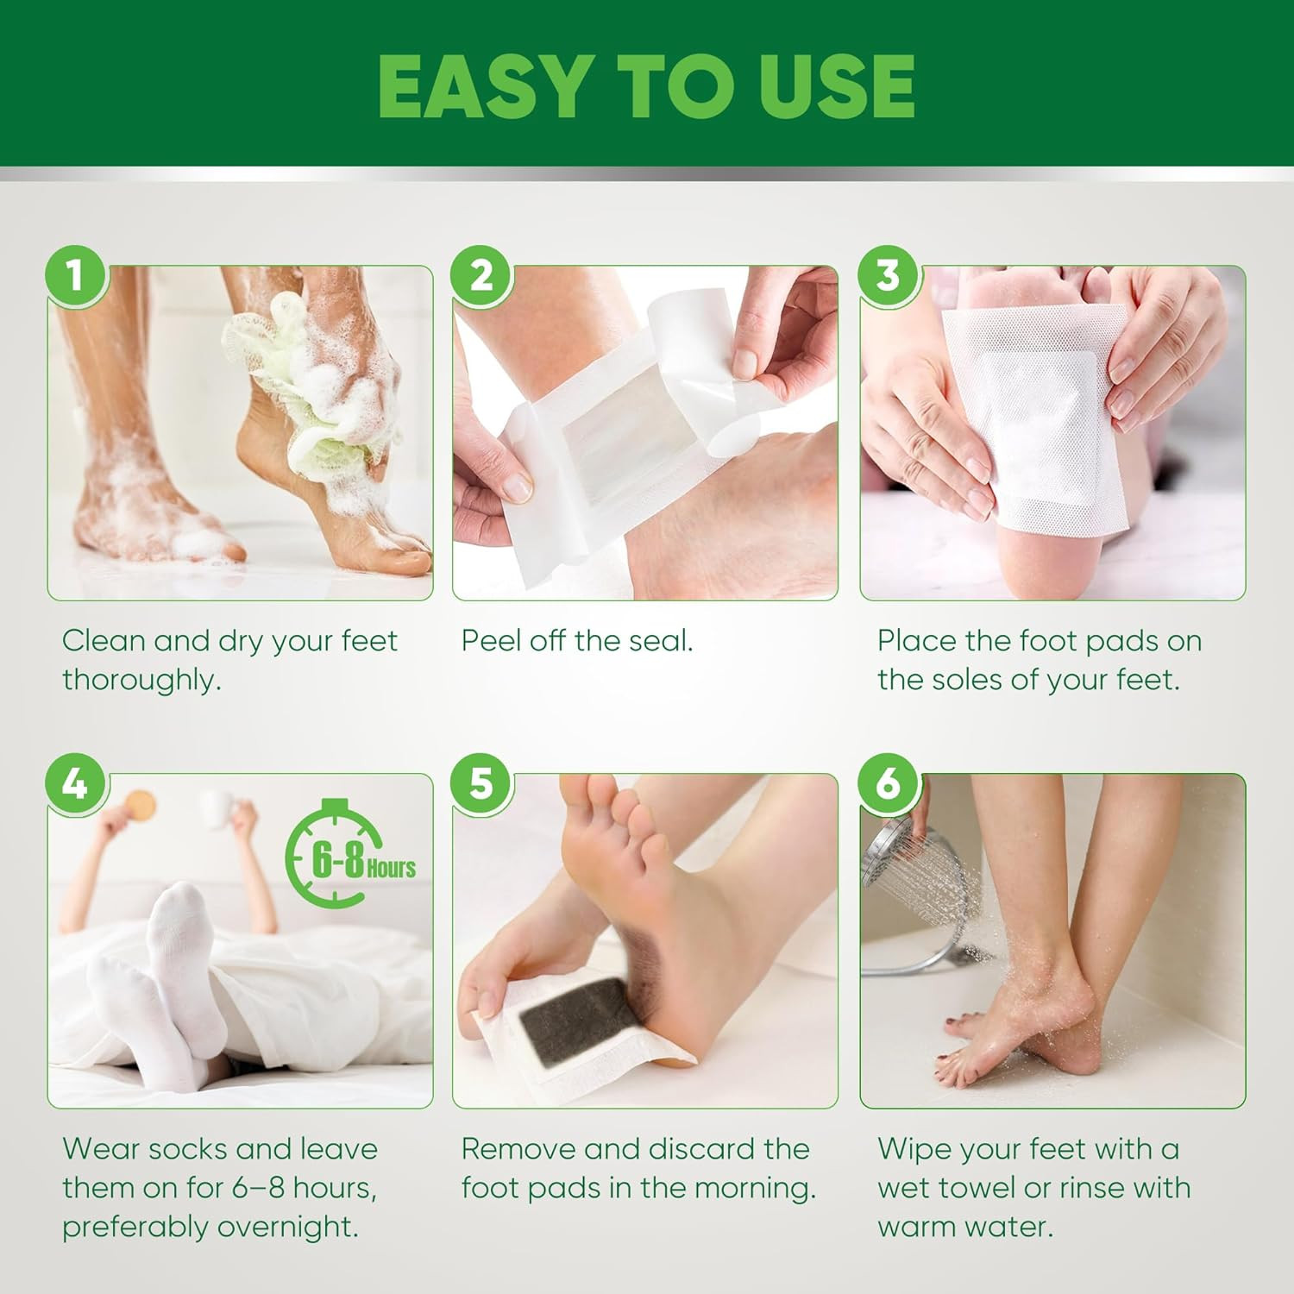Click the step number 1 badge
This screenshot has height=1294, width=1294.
coord(76,275)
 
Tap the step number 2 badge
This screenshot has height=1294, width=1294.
coord(481,275)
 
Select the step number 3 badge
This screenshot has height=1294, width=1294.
coord(889,275)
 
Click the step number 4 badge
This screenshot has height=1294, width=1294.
coord(76,783)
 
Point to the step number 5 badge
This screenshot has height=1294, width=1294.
coord(481,783)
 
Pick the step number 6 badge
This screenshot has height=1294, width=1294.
coord(889,783)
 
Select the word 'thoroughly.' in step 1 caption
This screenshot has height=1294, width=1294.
coord(141,680)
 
